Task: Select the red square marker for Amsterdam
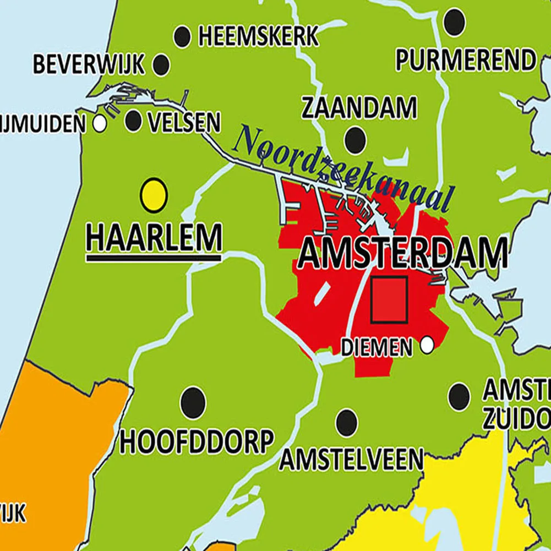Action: click(389, 299)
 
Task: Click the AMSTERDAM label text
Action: click(402, 255)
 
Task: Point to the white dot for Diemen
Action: click(427, 346)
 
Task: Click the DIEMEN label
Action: click(376, 347)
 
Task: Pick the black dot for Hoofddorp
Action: click(193, 399)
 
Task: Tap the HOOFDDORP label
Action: click(197, 441)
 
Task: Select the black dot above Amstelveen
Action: click(346, 422)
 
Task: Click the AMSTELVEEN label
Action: click(351, 460)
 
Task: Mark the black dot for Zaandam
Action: click(355, 140)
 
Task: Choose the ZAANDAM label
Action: click(359, 108)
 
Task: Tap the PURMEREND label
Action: click(466, 60)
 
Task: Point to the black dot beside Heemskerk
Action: click(182, 37)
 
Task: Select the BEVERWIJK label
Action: click(89, 64)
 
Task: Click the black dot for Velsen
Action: click(133, 121)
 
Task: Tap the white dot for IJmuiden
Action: click(100, 123)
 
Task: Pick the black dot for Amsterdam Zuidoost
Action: click(459, 396)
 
